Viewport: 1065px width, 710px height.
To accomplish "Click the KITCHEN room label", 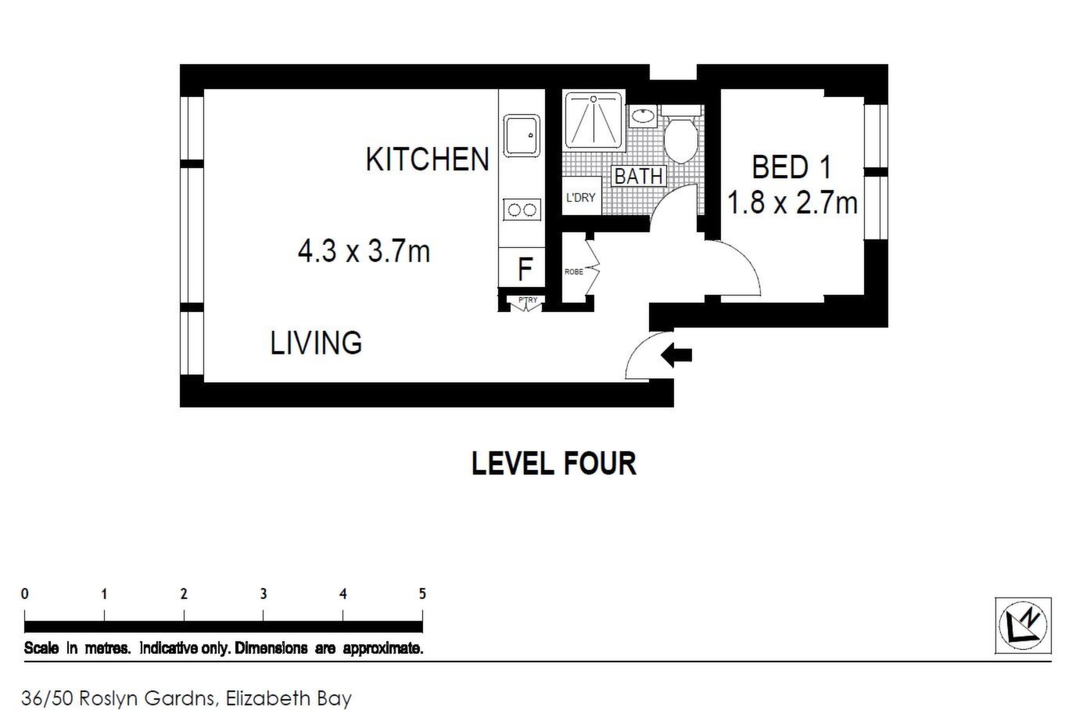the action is tap(428, 160).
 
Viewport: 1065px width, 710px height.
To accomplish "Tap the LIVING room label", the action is tap(316, 342).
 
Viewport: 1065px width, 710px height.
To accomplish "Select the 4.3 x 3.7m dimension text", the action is tap(364, 251).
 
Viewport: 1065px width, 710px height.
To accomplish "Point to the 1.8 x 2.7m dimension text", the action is tap(793, 202).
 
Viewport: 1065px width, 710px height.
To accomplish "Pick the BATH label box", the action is tap(639, 177).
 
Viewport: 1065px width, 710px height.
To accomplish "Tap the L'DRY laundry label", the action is tap(580, 197).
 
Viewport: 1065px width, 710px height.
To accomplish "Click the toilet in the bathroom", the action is tap(681, 134).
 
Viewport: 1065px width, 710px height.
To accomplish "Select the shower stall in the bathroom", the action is tap(593, 120).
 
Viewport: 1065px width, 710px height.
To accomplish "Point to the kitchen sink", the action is tap(522, 135).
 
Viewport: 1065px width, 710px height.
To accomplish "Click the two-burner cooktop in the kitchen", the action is tap(522, 210).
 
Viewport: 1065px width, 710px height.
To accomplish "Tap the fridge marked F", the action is tap(522, 267).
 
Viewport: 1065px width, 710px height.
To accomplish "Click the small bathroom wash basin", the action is tap(644, 116).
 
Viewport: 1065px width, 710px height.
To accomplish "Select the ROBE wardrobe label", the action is tap(573, 272).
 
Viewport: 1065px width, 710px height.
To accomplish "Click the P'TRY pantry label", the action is tap(528, 300).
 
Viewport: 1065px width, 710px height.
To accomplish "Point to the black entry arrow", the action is tap(676, 355).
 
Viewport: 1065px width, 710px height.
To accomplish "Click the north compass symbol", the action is tap(1023, 626).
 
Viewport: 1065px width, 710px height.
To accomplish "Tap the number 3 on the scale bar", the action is tap(264, 593).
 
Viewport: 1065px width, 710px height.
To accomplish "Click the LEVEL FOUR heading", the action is tap(554, 464).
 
